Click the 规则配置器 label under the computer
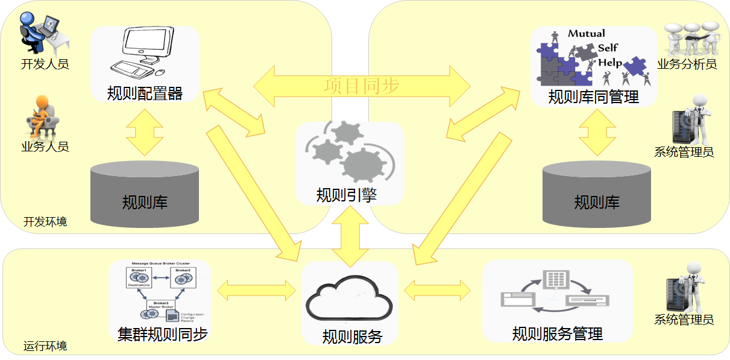click(145, 93)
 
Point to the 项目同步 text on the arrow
click(361, 86)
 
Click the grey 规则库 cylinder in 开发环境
click(145, 193)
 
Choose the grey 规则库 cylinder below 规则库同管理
click(597, 193)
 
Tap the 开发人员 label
click(45, 64)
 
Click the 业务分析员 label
click(687, 64)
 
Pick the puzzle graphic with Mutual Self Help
click(594, 57)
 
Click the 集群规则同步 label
click(163, 335)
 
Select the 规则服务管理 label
click(558, 333)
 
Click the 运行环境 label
click(45, 346)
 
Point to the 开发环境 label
click(45, 222)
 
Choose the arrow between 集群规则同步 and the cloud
click(256, 290)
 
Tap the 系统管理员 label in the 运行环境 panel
click(684, 320)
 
